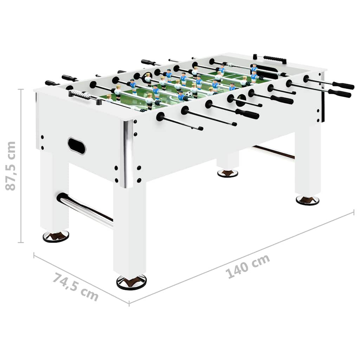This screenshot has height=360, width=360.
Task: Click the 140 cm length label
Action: (x=247, y=266)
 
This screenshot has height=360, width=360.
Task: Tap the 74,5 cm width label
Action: (x=76, y=287)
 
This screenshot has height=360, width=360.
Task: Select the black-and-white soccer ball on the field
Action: (x=189, y=94)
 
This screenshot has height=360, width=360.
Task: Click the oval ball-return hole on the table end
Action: (x=76, y=145)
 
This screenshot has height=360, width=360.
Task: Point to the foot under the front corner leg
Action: (x=131, y=282)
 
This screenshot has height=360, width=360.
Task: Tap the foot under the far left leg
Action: (x=56, y=236)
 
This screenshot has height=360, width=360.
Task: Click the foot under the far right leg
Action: (x=307, y=200)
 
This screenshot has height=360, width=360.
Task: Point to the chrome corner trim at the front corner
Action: (x=128, y=153)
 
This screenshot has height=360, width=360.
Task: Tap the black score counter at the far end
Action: (x=275, y=59)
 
